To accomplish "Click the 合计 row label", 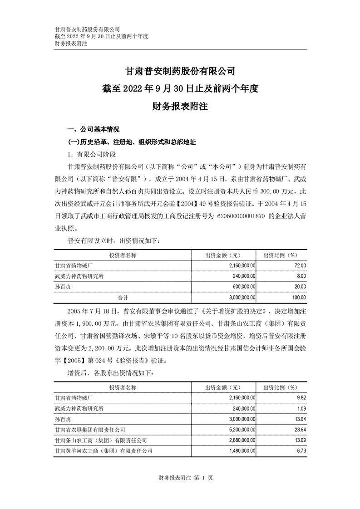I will pos(123,298).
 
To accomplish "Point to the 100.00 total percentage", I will pos(299,298).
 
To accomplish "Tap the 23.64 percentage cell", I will pos(300,429).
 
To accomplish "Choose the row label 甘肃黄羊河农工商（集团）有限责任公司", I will pos(104,451).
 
